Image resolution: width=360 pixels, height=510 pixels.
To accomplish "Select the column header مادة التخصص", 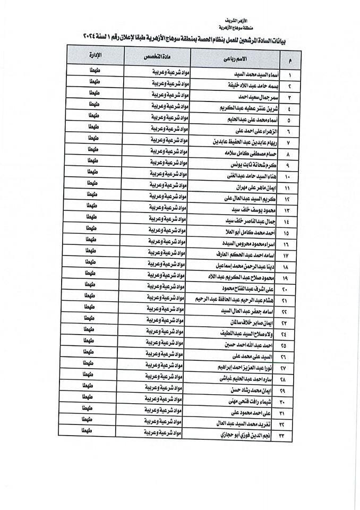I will pos(157,56).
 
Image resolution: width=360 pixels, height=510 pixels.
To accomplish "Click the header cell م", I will pos(289,61).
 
